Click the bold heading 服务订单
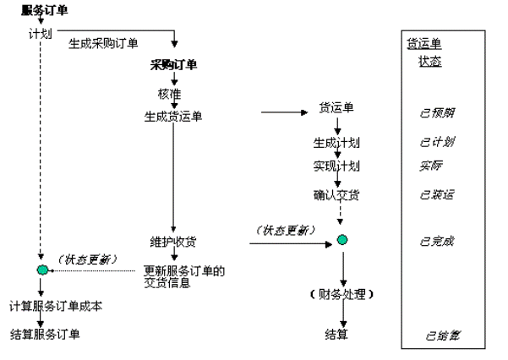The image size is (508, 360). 45,10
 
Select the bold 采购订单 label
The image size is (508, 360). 174,65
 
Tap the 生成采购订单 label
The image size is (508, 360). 103,44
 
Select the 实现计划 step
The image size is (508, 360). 336,166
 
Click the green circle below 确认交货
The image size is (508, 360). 341,240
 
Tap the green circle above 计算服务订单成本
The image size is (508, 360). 41,270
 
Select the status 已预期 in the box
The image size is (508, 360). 439,112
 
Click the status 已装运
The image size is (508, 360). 439,196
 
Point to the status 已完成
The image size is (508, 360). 437,241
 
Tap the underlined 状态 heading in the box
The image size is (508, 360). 429,62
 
